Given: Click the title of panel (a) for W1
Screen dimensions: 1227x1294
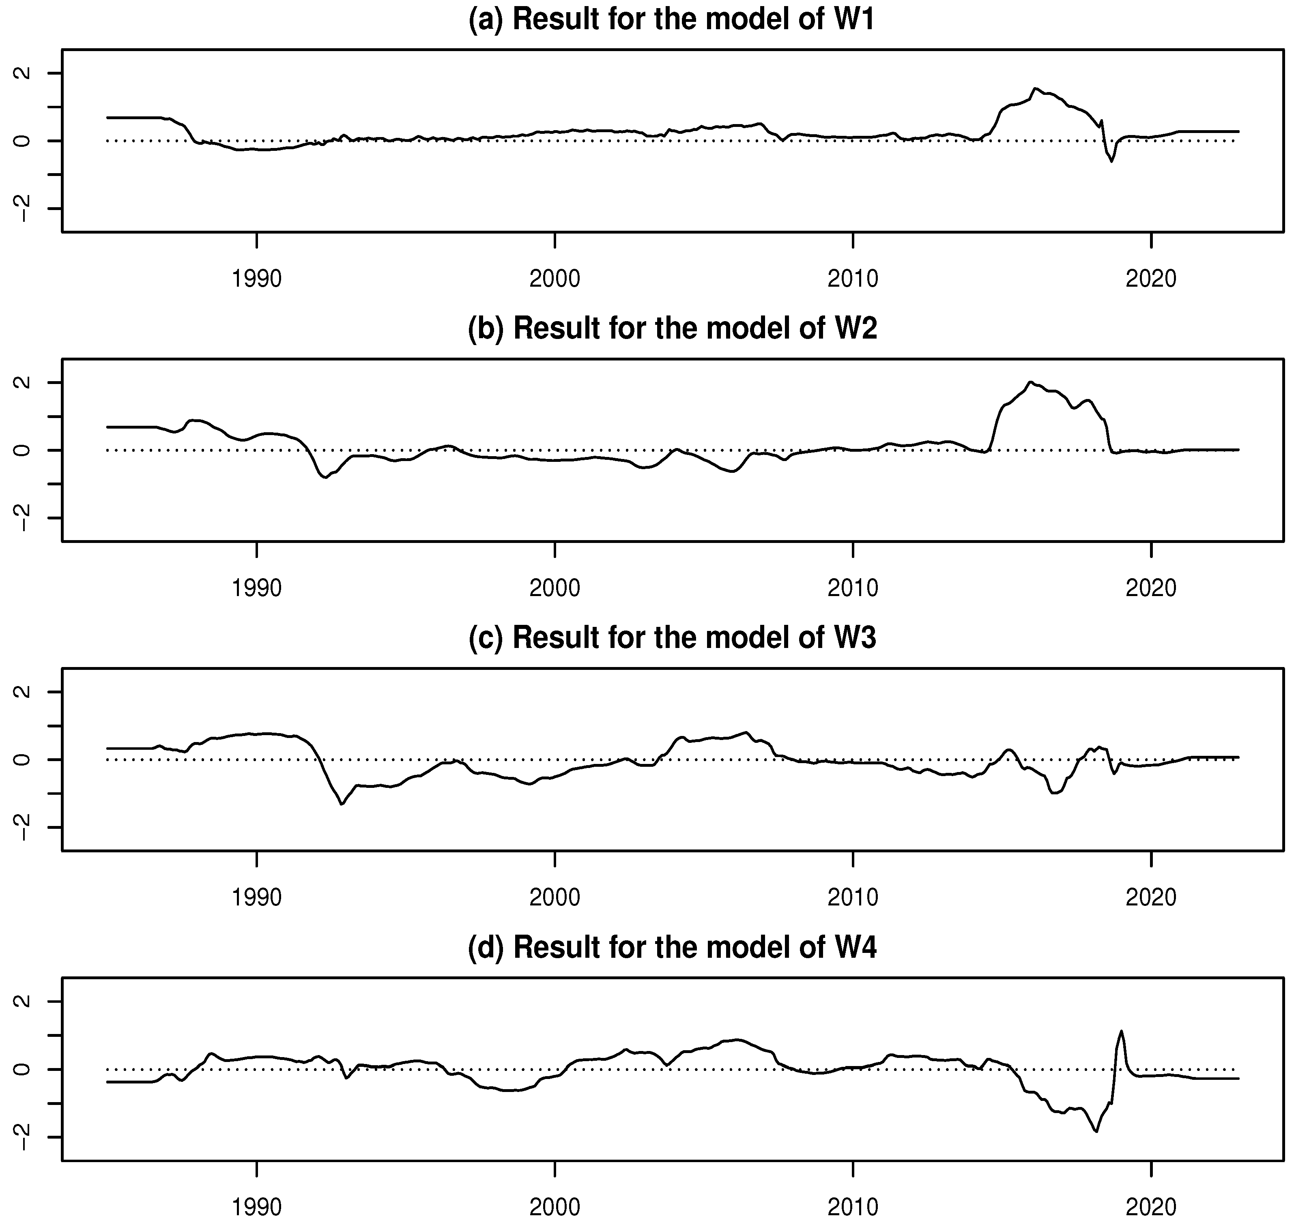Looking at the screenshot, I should click(672, 19).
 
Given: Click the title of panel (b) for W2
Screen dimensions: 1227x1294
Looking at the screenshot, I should click(672, 328).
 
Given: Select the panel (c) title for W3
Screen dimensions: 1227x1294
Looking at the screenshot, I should click(672, 638).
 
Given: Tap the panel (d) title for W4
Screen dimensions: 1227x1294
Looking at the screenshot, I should click(672, 947).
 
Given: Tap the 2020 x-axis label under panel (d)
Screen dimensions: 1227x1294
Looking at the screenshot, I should click(1151, 1207).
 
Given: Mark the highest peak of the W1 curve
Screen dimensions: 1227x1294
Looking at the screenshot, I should click(1035, 88).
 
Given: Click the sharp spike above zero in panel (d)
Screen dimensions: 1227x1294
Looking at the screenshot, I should click(1121, 1032).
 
